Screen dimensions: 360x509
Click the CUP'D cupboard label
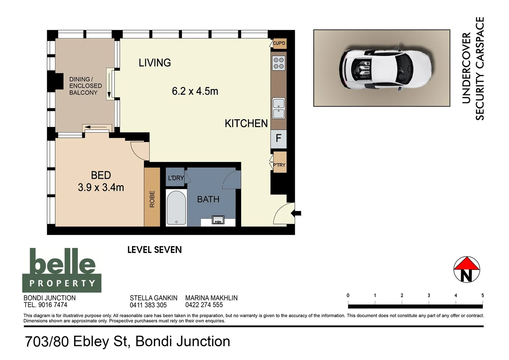[x=279, y=43]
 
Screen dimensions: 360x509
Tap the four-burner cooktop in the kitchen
[x=278, y=63]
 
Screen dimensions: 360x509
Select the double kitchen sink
[x=278, y=108]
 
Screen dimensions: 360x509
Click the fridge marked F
[x=278, y=138]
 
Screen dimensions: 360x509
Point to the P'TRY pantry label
[x=279, y=165]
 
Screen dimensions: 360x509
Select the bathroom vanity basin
[x=218, y=220]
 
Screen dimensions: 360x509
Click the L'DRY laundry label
[x=176, y=178]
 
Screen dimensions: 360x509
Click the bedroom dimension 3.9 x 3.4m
[x=101, y=188]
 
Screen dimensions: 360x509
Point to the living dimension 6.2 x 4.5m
[x=195, y=91]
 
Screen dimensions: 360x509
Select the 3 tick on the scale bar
[x=429, y=296]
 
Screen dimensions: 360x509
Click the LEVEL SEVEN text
[x=155, y=250]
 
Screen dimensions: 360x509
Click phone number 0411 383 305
[x=148, y=305]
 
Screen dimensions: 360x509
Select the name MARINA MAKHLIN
[x=211, y=298]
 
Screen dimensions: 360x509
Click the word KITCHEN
[x=246, y=124]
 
